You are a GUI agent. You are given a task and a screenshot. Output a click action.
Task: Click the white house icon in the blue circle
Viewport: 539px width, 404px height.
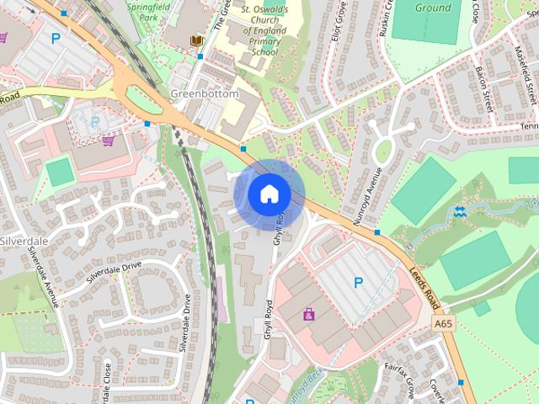click(x=269, y=194)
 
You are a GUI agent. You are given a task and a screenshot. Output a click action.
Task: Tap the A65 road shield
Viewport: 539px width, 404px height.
click(x=443, y=323)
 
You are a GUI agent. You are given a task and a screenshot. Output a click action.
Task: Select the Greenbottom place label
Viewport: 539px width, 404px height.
click(x=205, y=94)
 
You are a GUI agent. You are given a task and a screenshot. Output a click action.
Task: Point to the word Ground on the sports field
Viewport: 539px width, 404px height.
click(x=434, y=8)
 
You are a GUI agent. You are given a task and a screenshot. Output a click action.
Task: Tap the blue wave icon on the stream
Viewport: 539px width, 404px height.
click(x=459, y=210)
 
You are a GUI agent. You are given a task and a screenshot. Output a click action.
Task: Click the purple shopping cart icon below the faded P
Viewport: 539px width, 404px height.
click(x=108, y=141)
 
